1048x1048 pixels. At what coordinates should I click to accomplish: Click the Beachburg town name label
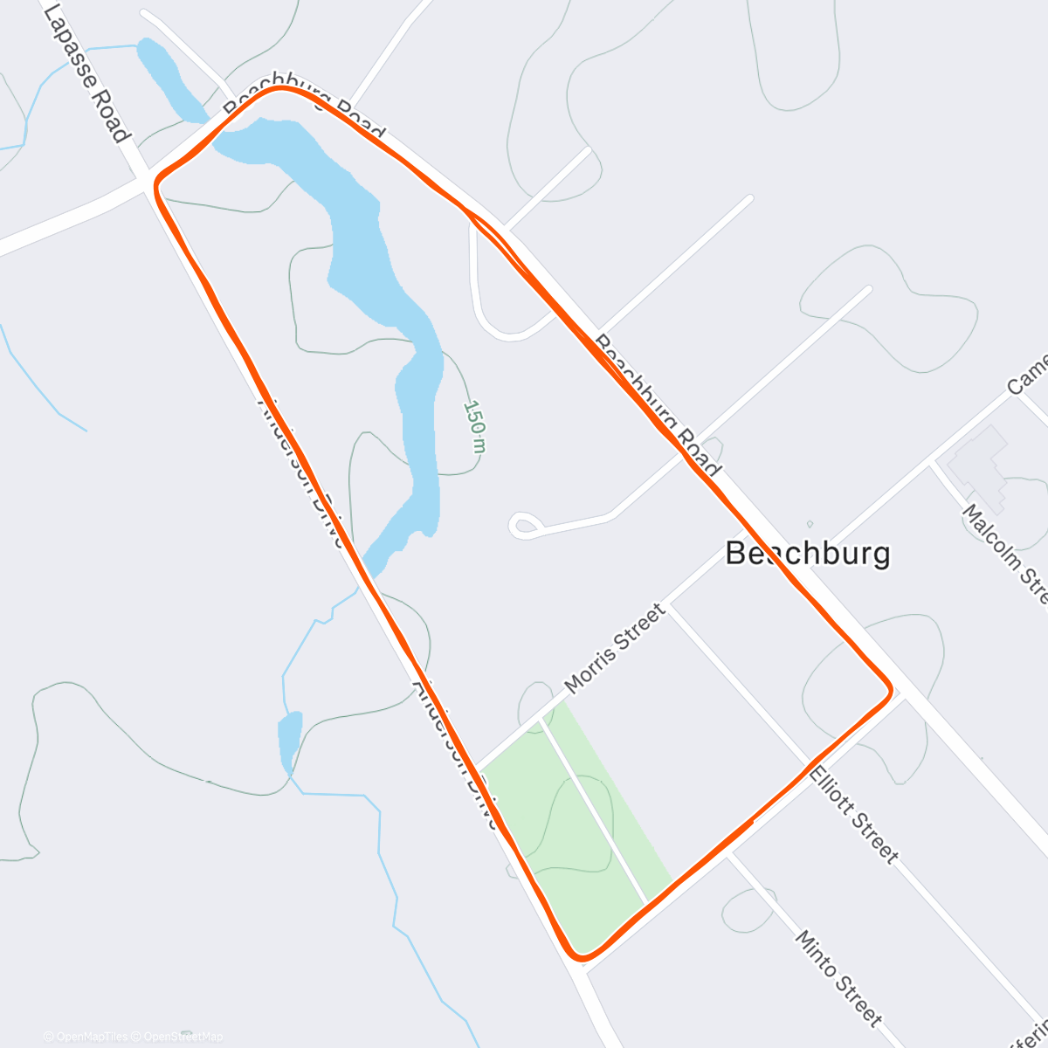808,554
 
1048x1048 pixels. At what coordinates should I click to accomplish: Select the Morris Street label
615,649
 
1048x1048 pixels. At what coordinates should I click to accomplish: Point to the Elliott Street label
853,814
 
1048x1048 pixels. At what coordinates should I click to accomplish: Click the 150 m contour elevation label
474,426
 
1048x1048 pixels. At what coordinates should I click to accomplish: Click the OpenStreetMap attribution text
183,1037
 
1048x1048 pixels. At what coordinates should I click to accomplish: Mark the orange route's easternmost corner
890,690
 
